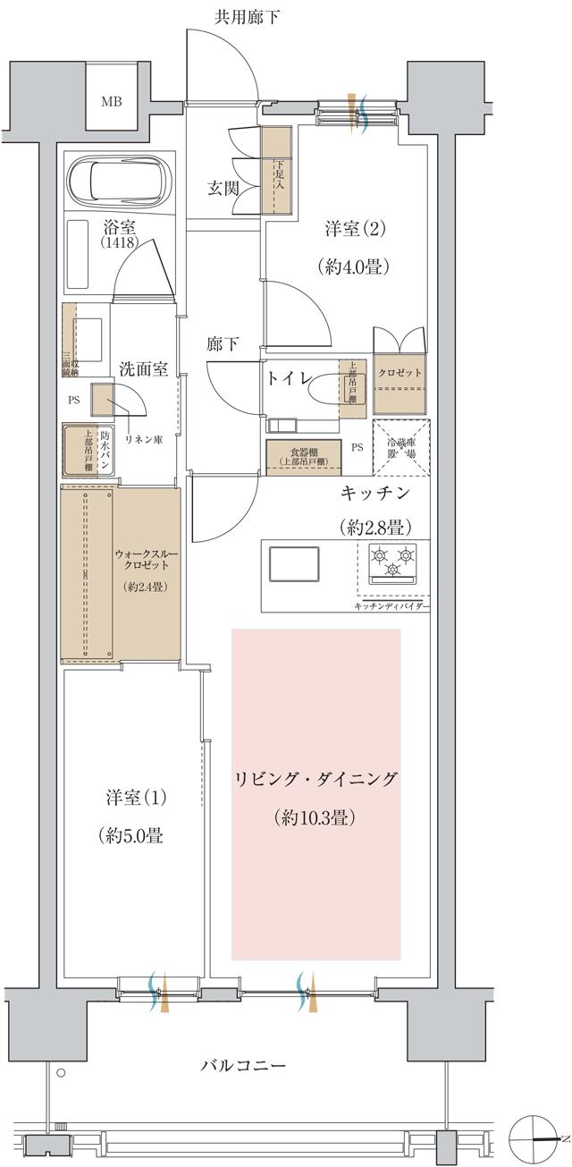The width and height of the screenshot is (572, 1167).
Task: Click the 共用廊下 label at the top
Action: [x=246, y=17]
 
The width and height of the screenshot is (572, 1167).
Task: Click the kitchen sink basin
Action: [x=294, y=565]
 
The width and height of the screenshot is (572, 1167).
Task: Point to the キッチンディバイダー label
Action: [x=391, y=607]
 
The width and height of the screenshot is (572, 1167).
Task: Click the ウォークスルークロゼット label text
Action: [x=141, y=560]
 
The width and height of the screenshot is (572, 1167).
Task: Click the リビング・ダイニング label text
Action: [x=315, y=778]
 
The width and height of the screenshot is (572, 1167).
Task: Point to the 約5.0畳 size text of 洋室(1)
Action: [x=130, y=835]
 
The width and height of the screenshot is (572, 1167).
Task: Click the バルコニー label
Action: [x=242, y=1066]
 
